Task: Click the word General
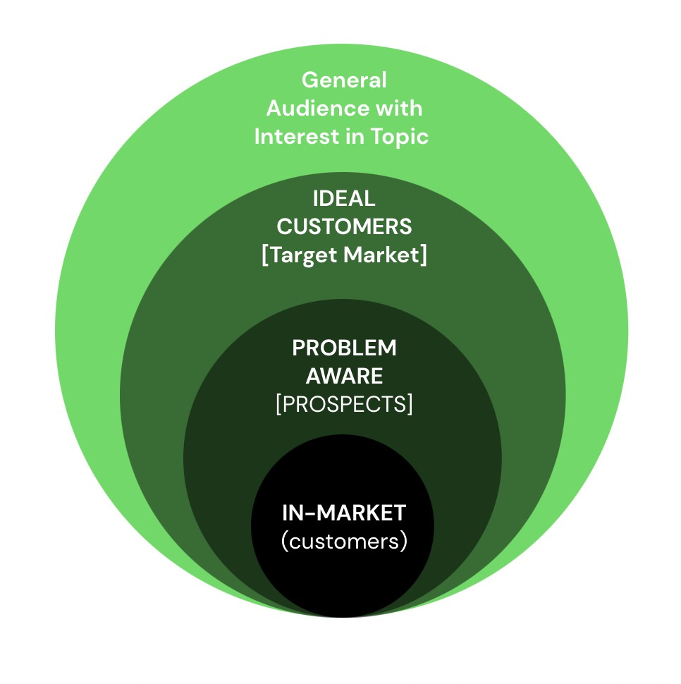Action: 344,80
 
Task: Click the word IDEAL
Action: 344,199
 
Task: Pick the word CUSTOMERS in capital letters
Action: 344,226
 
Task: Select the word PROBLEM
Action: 344,348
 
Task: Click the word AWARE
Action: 344,376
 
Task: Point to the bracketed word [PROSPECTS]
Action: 344,405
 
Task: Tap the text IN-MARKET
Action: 344,513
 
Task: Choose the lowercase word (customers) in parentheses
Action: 344,542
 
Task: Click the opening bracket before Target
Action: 264,255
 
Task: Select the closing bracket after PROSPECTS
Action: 410,405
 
